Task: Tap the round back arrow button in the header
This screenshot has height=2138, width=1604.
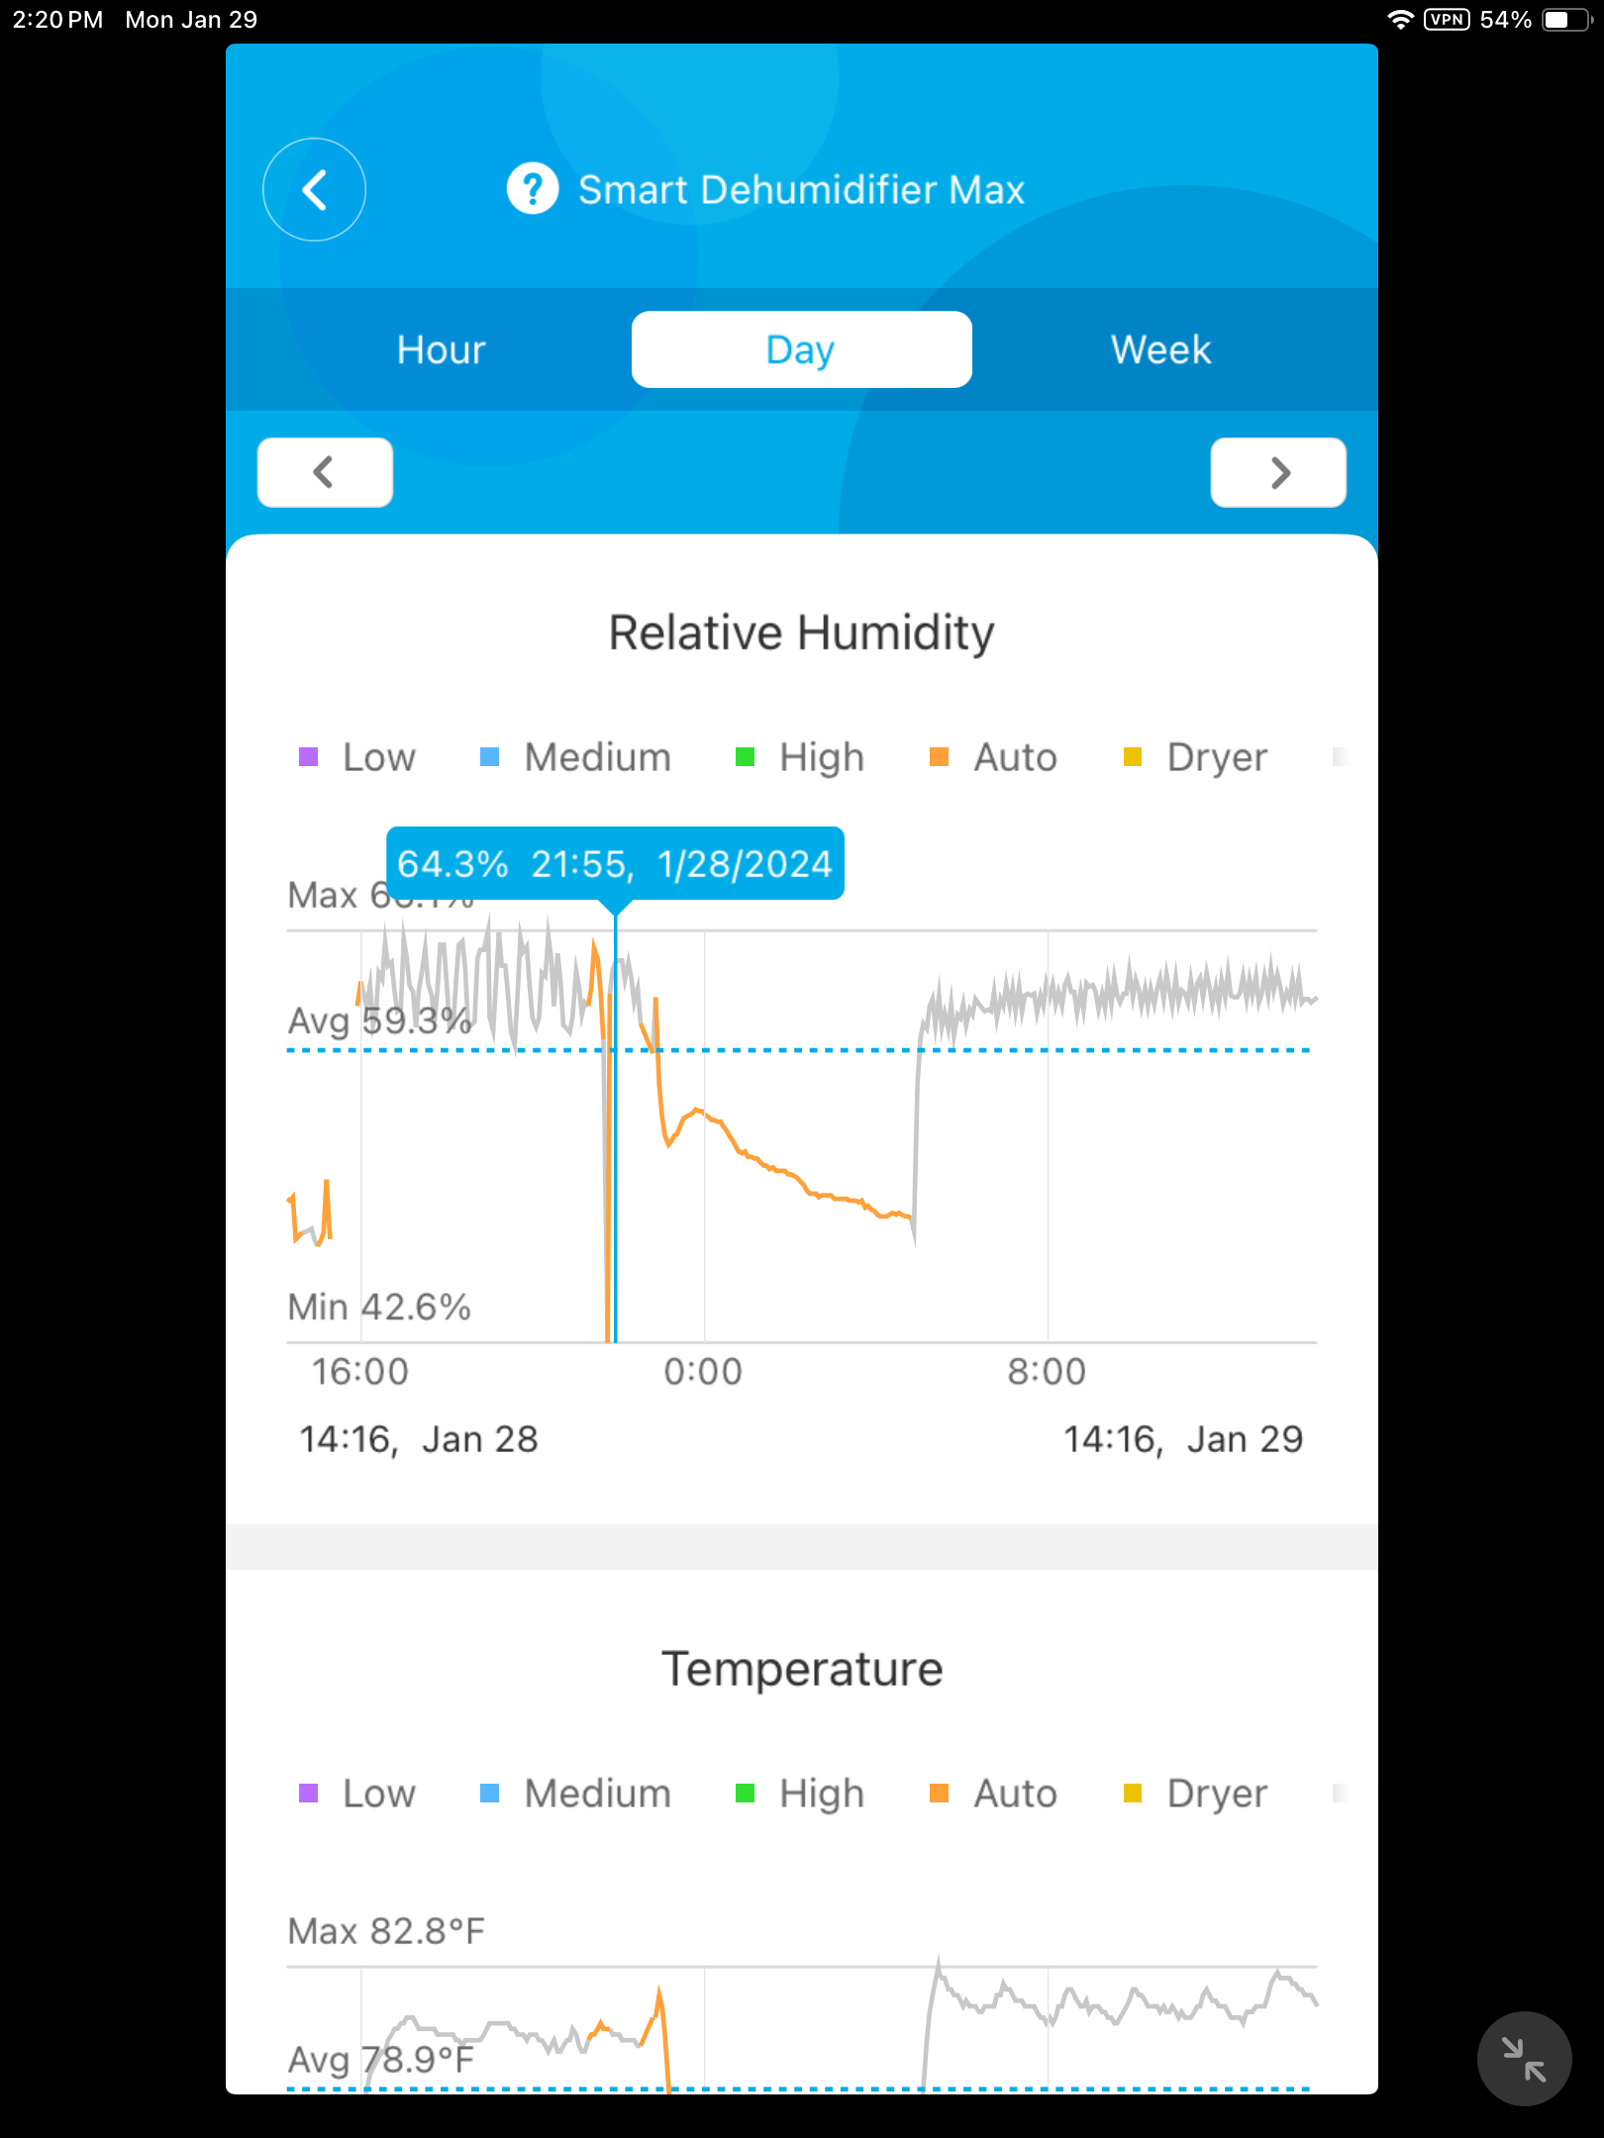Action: tap(314, 189)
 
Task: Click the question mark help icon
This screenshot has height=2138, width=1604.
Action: tap(533, 188)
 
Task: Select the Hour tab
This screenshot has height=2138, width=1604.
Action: tap(442, 349)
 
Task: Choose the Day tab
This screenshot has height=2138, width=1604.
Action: tap(801, 349)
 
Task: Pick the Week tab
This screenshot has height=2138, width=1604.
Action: tap(1160, 349)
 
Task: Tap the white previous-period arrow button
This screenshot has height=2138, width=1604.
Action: tap(325, 472)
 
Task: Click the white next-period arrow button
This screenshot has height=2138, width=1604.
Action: tap(1278, 472)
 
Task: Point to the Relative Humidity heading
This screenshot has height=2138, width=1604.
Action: tap(801, 632)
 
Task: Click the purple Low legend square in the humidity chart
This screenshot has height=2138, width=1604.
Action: tap(309, 757)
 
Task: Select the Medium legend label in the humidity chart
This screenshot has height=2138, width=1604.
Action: tap(597, 757)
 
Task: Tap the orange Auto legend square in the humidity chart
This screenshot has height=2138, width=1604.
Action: tap(940, 757)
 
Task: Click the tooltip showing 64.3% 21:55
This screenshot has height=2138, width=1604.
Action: tap(615, 863)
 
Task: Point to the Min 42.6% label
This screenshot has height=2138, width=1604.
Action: tap(379, 1307)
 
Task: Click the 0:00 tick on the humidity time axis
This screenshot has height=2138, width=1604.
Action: tap(703, 1372)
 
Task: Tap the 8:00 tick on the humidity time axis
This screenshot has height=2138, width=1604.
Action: tap(1047, 1372)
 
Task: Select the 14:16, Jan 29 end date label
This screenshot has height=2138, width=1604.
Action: tap(1183, 1439)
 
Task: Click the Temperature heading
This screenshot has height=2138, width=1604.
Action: tap(801, 1669)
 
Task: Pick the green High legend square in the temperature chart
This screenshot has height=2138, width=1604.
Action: tap(746, 1794)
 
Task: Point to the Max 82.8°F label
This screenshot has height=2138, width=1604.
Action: tap(386, 1931)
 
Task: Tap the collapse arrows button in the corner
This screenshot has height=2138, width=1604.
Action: tap(1524, 2059)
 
